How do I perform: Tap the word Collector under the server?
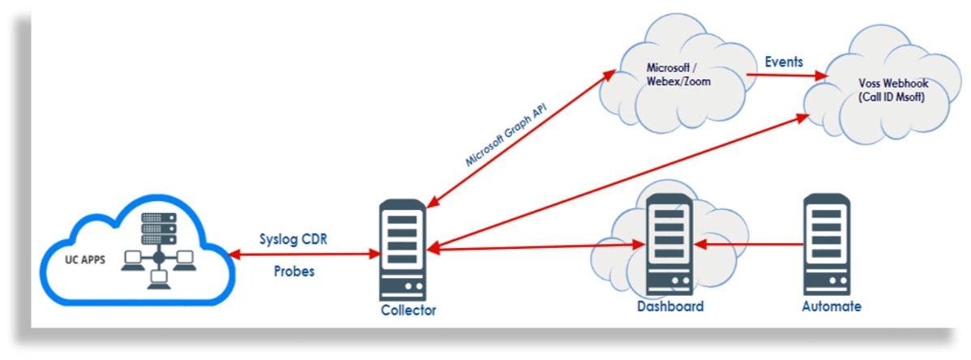coord(408,311)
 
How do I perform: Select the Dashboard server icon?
coord(669,245)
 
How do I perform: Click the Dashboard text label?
coord(669,306)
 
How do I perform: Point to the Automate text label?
coord(831,306)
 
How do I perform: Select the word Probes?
coord(293,272)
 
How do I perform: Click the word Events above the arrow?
coord(784,62)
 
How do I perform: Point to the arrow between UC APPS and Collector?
coord(304,255)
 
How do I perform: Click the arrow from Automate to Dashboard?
coord(750,242)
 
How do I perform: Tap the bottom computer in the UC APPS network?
coord(158,282)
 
